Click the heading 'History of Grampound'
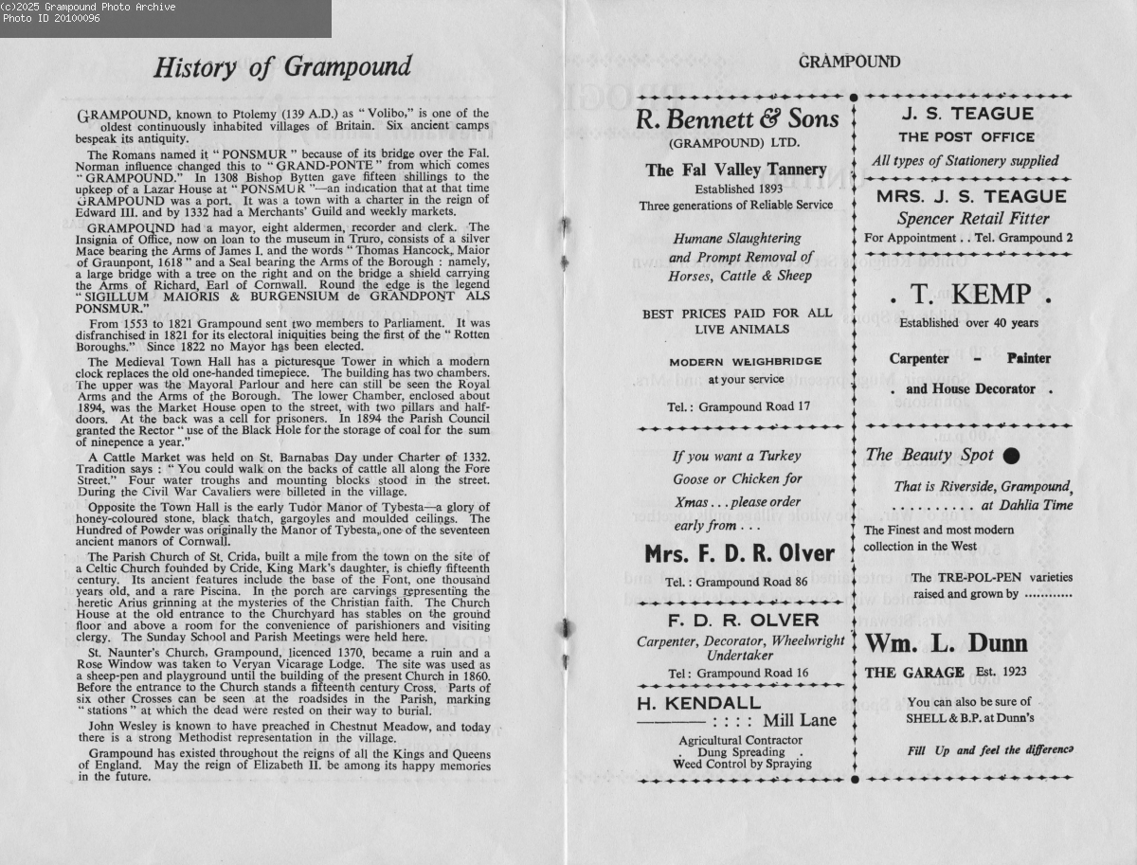[282, 67]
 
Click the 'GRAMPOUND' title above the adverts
[849, 63]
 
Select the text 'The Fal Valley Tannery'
[736, 170]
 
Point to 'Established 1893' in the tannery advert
[736, 188]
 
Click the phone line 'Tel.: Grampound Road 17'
[738, 407]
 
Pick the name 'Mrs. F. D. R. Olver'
[739, 553]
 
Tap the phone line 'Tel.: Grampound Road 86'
[736, 582]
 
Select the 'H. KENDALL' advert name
[698, 703]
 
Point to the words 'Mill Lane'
[805, 721]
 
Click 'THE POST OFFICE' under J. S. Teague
[966, 137]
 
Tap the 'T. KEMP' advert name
[967, 295]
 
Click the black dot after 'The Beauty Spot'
[1011, 456]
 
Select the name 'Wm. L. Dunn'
[946, 644]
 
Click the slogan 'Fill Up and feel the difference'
[989, 750]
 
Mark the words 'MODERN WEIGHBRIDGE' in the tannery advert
[746, 362]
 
